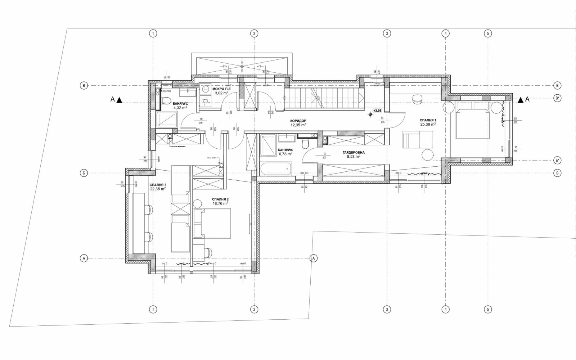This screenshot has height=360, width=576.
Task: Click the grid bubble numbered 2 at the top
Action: (254, 33)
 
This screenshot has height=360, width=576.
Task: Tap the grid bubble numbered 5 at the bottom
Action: (488, 309)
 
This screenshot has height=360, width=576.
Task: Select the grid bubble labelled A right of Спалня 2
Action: (314, 258)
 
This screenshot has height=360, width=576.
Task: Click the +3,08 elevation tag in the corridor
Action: (377, 111)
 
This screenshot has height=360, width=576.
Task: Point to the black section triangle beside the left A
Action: (120, 100)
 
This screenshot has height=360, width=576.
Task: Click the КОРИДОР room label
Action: (298, 121)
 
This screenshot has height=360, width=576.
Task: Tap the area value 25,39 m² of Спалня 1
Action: (428, 125)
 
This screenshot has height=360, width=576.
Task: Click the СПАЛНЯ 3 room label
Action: (158, 185)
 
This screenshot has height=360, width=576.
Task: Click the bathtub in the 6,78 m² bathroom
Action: (276, 167)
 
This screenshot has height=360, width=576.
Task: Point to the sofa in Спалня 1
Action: (418, 139)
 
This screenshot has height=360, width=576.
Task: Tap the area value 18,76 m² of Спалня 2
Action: (220, 203)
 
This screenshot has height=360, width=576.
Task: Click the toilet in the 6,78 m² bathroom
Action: (306, 144)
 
